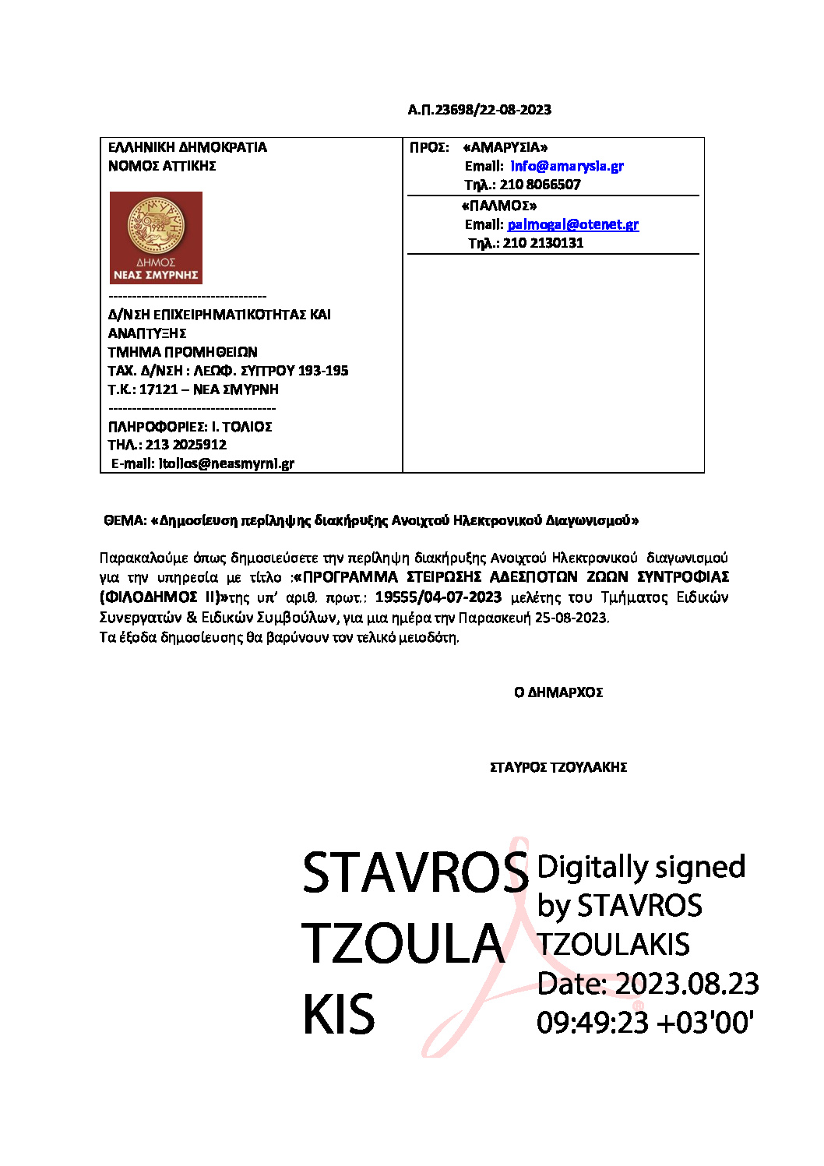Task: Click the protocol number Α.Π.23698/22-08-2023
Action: point(479,110)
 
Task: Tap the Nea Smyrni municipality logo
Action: point(156,238)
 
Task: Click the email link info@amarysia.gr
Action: point(566,166)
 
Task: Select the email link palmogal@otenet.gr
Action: point(572,224)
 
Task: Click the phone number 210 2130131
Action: point(543,243)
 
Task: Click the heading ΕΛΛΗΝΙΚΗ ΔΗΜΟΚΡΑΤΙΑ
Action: point(187,147)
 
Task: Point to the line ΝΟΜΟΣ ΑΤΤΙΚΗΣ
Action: point(162,166)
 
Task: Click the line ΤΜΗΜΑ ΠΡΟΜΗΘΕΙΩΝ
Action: point(182,352)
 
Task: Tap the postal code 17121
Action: point(159,389)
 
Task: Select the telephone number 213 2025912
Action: point(186,445)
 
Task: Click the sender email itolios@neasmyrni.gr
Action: point(227,463)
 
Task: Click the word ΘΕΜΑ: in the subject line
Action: point(125,520)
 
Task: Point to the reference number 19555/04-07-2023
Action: point(438,597)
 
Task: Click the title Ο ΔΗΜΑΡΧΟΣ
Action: point(558,692)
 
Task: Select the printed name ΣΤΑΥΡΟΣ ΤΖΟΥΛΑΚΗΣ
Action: point(558,767)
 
